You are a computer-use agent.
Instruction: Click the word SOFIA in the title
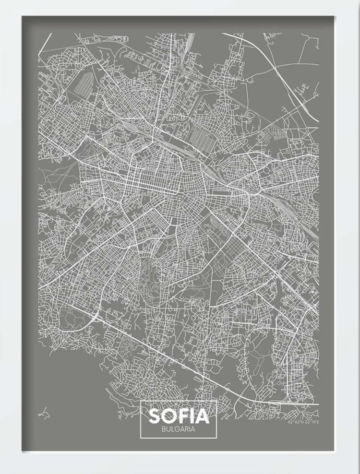pos(179,415)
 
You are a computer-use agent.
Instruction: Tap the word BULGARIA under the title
pos(179,429)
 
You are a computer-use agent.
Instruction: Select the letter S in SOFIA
pos(156,415)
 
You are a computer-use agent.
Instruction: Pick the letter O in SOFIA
pos(169,415)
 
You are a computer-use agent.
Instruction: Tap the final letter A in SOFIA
pos(203,415)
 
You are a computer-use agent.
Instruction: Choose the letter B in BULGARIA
pos(164,429)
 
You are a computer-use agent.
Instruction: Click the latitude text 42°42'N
pos(295,423)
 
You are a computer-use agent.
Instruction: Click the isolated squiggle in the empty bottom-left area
pos(44,412)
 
